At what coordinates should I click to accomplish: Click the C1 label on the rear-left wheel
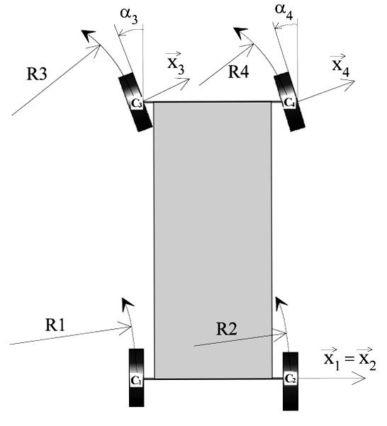tap(136, 380)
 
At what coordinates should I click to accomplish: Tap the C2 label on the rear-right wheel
tap(290, 379)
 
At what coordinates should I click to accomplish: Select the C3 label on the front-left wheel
tap(137, 103)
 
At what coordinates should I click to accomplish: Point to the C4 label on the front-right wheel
tap(289, 103)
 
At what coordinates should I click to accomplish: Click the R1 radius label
tap(55, 325)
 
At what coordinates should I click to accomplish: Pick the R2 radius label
tap(227, 329)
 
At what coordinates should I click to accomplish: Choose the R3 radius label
tap(37, 74)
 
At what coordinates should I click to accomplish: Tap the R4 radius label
tap(238, 72)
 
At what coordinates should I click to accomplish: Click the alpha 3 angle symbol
tap(129, 16)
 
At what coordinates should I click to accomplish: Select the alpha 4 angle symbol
tap(284, 11)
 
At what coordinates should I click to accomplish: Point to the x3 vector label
tap(176, 64)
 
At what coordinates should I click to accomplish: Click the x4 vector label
tap(341, 65)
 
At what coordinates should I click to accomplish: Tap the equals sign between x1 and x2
tap(349, 359)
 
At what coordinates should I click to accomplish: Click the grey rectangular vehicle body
tap(213, 240)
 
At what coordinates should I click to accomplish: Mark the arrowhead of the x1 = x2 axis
tap(360, 379)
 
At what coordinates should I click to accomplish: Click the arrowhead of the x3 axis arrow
tap(185, 81)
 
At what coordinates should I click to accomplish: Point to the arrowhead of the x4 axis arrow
tap(349, 82)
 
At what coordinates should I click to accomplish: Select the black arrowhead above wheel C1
tap(127, 304)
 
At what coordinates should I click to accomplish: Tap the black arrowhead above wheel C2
tap(281, 303)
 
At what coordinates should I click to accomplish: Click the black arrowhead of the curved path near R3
tap(88, 35)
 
